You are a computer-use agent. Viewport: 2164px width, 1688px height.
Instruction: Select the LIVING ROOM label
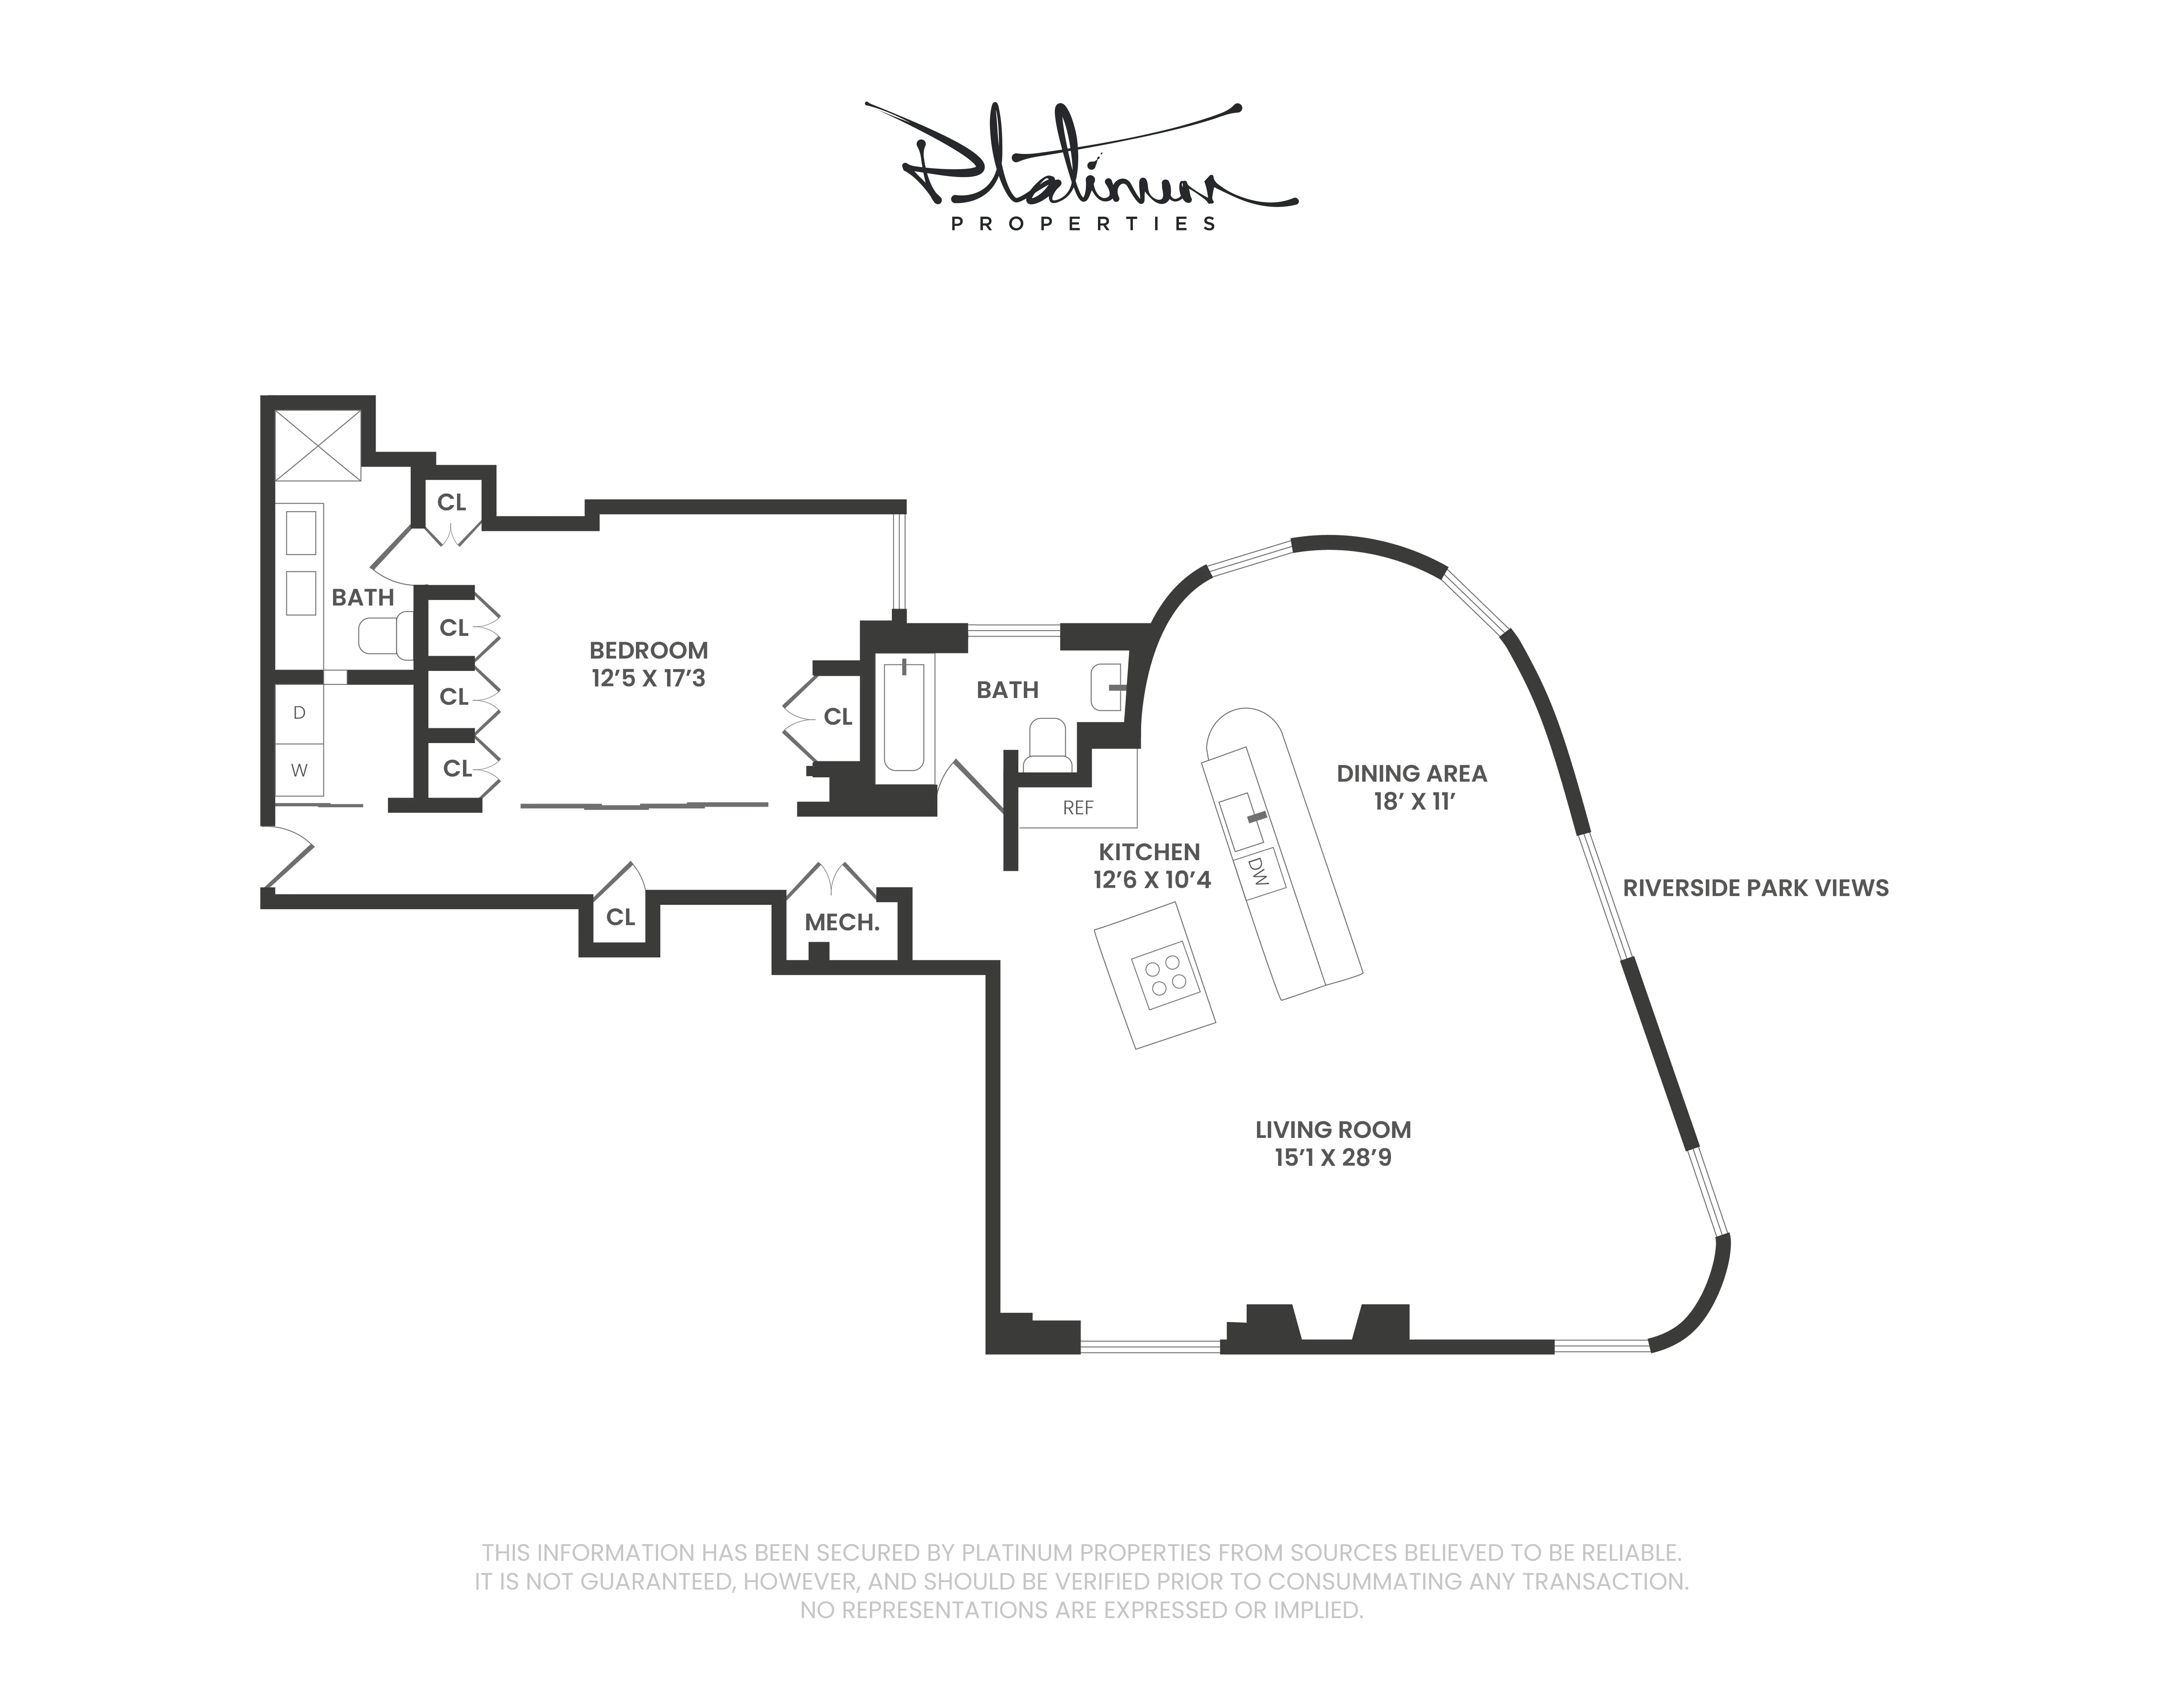point(1333,1129)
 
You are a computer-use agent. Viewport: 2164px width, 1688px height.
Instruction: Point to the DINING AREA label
point(1411,774)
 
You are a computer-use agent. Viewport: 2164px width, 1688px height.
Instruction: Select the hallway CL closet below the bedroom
point(620,917)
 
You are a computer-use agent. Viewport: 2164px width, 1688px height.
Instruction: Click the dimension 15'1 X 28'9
point(1333,1158)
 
